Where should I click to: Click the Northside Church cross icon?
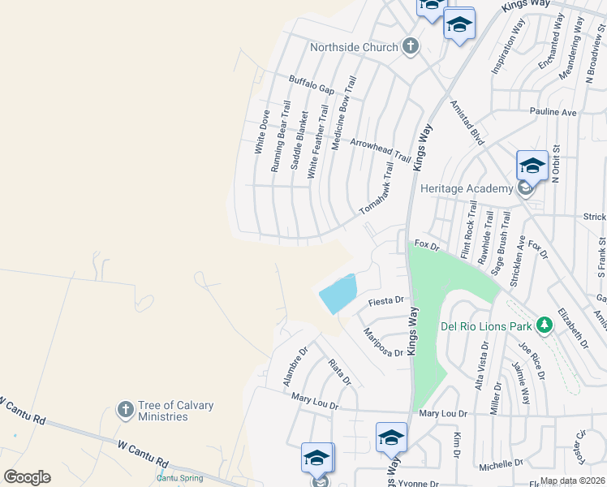(x=411, y=46)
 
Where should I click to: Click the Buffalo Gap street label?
(x=312, y=84)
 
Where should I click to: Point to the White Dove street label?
(x=260, y=132)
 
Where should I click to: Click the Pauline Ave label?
(x=553, y=110)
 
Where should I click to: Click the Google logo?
(x=27, y=476)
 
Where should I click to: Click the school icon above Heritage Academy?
(x=532, y=166)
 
